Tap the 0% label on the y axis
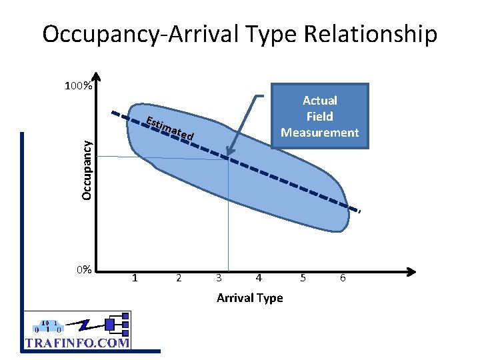click(83, 270)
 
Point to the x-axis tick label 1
click(135, 278)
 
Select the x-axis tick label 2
click(178, 278)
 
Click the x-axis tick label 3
click(218, 278)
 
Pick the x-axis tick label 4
click(259, 278)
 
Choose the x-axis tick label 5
click(303, 278)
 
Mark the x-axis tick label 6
click(343, 278)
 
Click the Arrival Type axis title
click(249, 298)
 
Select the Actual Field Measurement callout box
click(319, 116)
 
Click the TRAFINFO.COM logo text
click(77, 343)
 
